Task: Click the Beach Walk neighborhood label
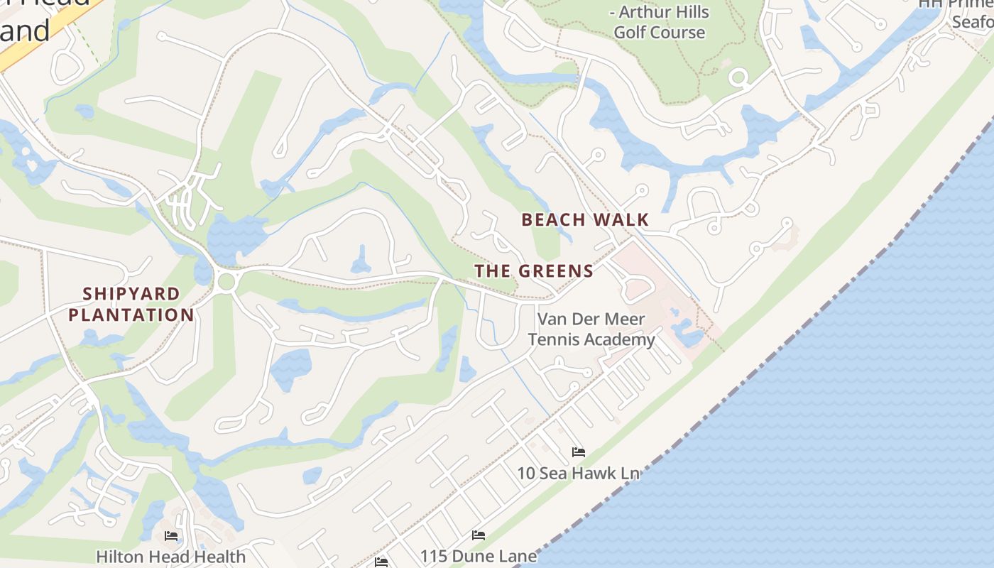(x=585, y=219)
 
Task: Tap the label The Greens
(x=534, y=271)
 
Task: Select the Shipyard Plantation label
(x=131, y=304)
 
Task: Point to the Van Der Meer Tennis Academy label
(x=591, y=329)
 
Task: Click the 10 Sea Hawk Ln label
(x=578, y=473)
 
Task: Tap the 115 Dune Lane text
(x=478, y=556)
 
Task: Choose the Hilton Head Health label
(x=170, y=556)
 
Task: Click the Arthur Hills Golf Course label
(x=660, y=23)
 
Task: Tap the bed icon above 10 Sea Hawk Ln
(x=578, y=452)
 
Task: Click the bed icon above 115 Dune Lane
(x=479, y=535)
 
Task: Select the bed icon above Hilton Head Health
(x=170, y=535)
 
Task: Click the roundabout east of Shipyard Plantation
(x=226, y=281)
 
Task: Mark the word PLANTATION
(x=131, y=315)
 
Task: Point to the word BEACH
(x=550, y=219)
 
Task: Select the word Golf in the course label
(x=629, y=33)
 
